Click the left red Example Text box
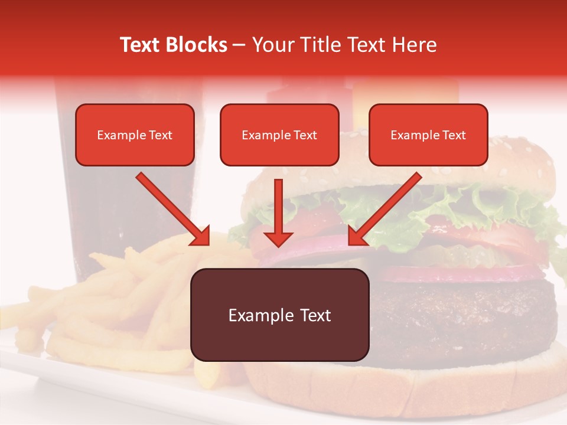[x=135, y=135]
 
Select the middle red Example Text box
[x=279, y=135]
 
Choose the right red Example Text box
[x=428, y=135]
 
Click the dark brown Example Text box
[x=279, y=315]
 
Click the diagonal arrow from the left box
[x=174, y=210]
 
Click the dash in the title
[x=240, y=45]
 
